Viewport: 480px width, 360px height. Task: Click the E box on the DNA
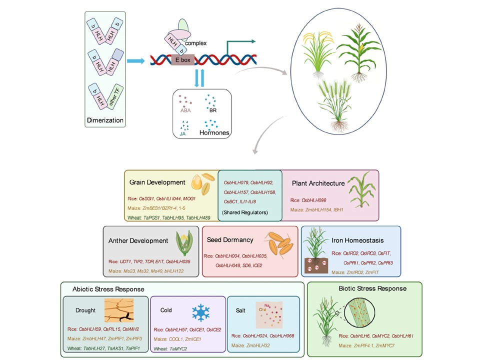[182, 59]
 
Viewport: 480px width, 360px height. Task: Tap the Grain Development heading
[157, 182]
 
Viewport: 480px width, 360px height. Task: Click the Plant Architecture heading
[318, 183]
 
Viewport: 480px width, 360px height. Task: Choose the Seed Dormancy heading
[230, 240]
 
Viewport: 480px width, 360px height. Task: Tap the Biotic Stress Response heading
[372, 288]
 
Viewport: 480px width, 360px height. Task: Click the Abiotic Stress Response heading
[108, 289]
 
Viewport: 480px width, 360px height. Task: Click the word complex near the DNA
[196, 43]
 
